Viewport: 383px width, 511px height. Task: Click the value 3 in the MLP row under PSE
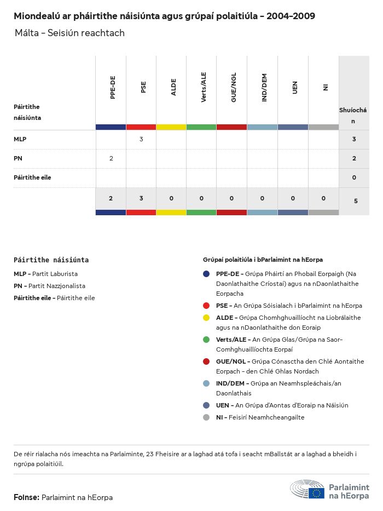point(141,139)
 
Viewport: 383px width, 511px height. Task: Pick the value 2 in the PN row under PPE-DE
point(111,158)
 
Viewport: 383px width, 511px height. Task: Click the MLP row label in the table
point(20,139)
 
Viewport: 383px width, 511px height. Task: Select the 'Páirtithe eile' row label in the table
point(32,177)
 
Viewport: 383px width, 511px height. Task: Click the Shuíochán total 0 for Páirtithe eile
point(354,177)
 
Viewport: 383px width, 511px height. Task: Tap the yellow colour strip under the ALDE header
point(171,127)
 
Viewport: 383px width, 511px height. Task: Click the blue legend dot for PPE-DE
point(206,274)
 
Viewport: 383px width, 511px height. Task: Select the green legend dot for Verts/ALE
point(206,340)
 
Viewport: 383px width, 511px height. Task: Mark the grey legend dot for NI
point(206,417)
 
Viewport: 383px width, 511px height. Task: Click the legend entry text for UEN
point(282,405)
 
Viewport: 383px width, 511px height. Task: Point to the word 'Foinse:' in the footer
point(26,497)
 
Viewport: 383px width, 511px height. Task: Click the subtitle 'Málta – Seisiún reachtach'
point(69,33)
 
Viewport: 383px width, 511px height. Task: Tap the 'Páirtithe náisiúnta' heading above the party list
point(51,260)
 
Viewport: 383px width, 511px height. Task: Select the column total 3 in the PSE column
point(141,198)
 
